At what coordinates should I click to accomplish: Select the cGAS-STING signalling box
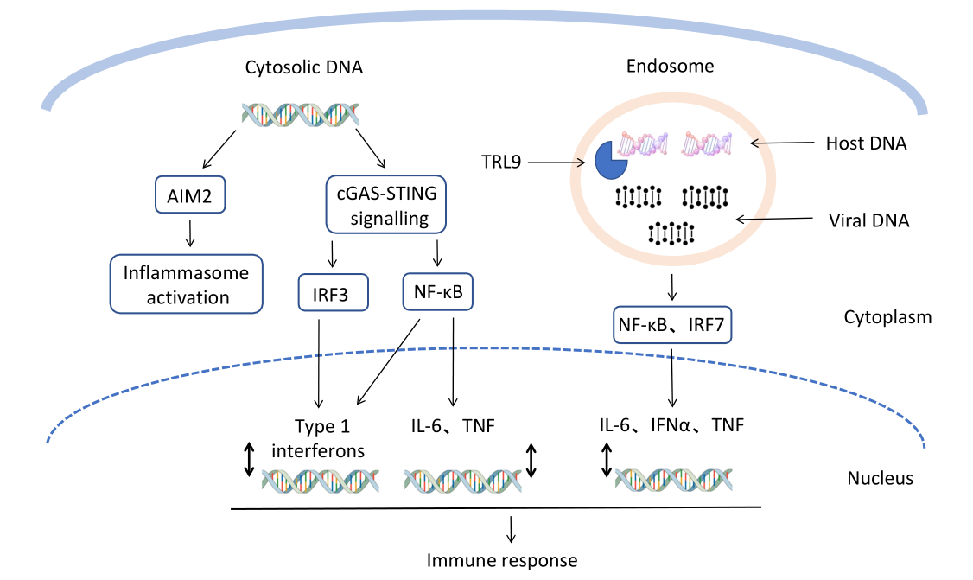click(x=386, y=205)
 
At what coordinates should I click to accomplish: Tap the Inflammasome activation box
click(x=187, y=284)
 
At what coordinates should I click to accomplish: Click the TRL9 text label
click(x=501, y=161)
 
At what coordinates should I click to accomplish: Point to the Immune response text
click(x=502, y=560)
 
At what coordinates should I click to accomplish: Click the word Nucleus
click(x=880, y=477)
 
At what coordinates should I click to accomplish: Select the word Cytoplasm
click(x=887, y=317)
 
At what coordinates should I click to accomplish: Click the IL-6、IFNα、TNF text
click(x=671, y=424)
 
